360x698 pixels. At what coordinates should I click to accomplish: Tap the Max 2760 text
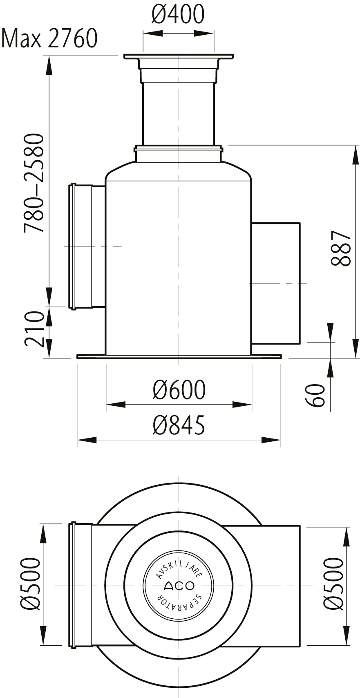tap(49, 38)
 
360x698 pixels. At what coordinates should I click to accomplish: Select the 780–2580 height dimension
tap(33, 183)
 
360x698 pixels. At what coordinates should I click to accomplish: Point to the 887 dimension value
tap(341, 248)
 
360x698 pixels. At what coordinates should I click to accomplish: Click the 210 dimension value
tap(34, 329)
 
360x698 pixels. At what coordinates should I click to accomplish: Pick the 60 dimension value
tap(315, 395)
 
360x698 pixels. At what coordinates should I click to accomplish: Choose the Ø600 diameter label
tap(179, 389)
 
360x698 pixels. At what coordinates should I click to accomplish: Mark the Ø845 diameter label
tap(179, 425)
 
